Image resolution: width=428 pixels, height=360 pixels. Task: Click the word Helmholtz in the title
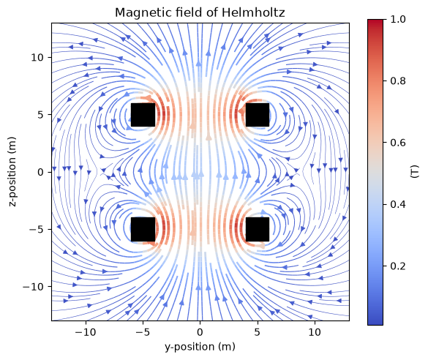(253, 12)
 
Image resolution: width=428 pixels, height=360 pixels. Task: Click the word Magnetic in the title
(139, 12)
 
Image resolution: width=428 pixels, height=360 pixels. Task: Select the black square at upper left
(143, 115)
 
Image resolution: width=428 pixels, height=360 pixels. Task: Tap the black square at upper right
(258, 115)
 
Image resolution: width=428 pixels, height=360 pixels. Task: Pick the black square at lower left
(143, 229)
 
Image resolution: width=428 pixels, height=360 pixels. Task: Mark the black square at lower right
(258, 229)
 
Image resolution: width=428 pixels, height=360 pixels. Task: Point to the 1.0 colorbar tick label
(398, 19)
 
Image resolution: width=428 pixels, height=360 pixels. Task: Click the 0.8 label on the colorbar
(398, 81)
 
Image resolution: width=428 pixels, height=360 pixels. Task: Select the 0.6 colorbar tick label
(398, 143)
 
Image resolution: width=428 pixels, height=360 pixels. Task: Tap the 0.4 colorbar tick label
(398, 204)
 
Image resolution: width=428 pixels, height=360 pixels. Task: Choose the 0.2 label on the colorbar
(398, 266)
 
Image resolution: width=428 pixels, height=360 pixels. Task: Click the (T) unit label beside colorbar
(415, 172)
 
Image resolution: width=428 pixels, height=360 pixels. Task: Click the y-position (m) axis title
(200, 347)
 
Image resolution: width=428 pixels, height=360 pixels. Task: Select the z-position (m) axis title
(12, 172)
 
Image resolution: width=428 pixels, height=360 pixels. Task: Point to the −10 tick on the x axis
(86, 332)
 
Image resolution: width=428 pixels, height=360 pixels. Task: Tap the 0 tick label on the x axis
(200, 332)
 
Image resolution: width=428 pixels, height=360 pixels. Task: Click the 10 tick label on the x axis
(315, 332)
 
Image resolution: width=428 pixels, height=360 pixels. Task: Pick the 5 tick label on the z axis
(41, 115)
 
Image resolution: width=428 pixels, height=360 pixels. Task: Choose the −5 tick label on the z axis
(37, 230)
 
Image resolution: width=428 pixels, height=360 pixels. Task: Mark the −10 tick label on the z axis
(34, 287)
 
